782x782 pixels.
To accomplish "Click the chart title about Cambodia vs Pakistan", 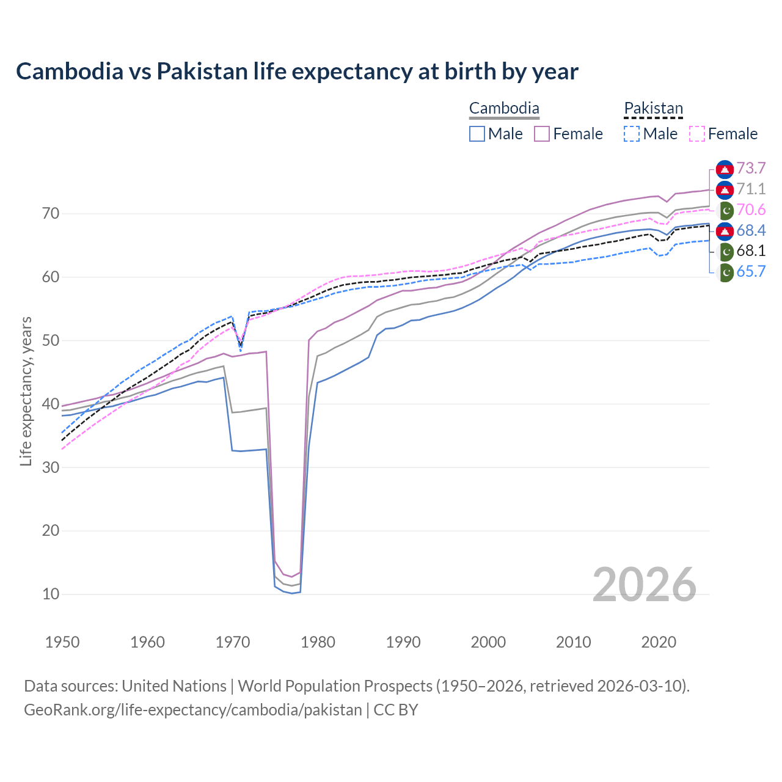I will pos(297,71).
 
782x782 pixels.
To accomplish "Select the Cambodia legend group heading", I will pos(504,109).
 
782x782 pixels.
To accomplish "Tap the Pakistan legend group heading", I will pos(653,109).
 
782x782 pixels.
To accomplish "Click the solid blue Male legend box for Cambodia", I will pos(478,134).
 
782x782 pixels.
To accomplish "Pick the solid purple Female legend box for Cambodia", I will pos(543,134).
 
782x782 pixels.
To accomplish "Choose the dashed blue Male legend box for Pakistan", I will pos(632,134).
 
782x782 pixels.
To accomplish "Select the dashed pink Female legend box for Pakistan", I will pos(697,134).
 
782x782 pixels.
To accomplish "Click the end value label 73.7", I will pos(751,169).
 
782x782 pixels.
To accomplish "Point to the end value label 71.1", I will pos(751,189).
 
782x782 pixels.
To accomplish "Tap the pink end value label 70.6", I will pos(751,210).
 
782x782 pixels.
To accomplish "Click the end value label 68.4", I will pos(751,230).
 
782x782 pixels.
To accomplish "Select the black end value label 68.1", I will pos(751,251).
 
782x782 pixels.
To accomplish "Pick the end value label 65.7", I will pos(751,272).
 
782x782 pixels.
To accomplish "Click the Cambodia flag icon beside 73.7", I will pos(725,169).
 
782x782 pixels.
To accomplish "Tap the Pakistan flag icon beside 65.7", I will pos(725,272).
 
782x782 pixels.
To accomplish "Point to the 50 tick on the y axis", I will pos(51,340).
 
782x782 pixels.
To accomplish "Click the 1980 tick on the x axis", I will pos(318,642).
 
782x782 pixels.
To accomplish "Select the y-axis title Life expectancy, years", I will pos(26,391).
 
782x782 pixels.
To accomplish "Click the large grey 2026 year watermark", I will pos(644,585).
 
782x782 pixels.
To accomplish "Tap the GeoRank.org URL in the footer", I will pos(193,710).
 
